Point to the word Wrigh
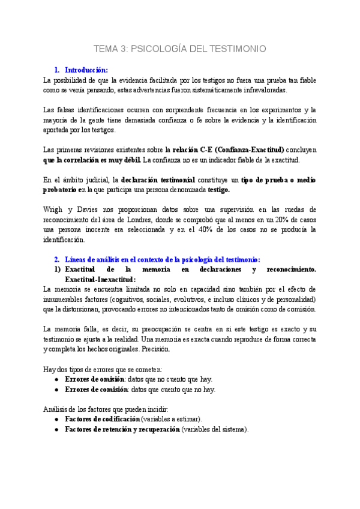pyautogui.click(x=53, y=209)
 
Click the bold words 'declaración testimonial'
pyautogui.click(x=157, y=180)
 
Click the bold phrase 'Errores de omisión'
pyautogui.click(x=94, y=379)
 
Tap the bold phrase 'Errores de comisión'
pyautogui.click(x=95, y=389)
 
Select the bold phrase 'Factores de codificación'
pyautogui.click(x=102, y=419)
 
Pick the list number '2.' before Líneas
pyautogui.click(x=57, y=259)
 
